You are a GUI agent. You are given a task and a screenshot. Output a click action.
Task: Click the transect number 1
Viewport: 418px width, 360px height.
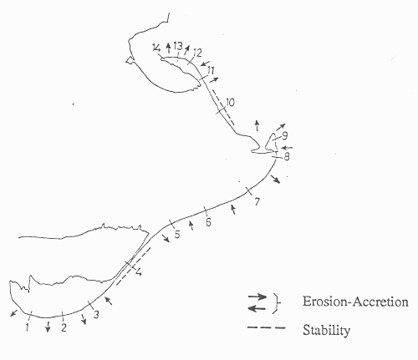(27, 327)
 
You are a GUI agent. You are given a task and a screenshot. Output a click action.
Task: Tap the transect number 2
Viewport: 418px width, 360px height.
(64, 328)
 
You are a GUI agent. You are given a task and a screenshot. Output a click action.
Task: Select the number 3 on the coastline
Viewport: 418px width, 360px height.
(96, 315)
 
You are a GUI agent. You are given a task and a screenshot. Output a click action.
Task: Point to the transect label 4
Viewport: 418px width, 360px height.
(139, 272)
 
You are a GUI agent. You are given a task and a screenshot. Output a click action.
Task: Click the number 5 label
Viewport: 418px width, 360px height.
(177, 234)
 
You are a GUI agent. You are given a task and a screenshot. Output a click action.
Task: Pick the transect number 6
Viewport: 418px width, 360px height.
(208, 222)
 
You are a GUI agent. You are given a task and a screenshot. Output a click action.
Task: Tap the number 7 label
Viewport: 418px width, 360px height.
(257, 201)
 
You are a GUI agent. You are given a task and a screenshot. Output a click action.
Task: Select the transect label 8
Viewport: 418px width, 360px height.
(287, 157)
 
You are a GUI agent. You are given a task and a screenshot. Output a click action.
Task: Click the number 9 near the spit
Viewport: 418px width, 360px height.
(284, 136)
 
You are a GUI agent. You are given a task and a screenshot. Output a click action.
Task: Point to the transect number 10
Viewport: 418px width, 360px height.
(230, 103)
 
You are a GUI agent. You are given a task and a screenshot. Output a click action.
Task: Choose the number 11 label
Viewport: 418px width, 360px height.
(211, 71)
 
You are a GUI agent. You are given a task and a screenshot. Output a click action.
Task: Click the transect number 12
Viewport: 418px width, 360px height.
(196, 53)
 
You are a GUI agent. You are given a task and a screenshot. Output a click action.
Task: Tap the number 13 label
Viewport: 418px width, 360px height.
(178, 46)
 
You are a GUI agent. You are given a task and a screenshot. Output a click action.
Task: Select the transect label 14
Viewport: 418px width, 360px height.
(156, 48)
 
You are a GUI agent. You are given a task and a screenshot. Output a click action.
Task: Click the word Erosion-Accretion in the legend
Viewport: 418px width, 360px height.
(355, 302)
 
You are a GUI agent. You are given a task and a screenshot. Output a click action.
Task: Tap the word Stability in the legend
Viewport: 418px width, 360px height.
(326, 331)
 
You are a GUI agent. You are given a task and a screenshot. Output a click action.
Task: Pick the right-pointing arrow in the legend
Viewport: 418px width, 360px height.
(257, 297)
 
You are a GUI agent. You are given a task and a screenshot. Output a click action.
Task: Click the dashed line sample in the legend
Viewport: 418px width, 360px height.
(266, 327)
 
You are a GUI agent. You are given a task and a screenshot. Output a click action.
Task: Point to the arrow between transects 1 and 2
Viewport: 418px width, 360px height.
(48, 327)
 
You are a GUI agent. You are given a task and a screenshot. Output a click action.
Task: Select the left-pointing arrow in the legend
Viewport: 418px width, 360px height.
(257, 308)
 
